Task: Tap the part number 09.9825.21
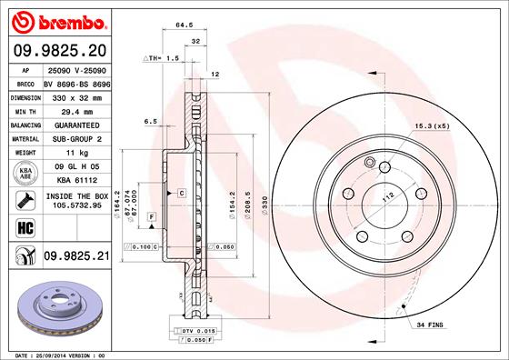click(76, 258)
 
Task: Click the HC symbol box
click(25, 227)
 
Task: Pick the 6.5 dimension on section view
click(151, 121)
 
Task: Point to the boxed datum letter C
click(182, 194)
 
